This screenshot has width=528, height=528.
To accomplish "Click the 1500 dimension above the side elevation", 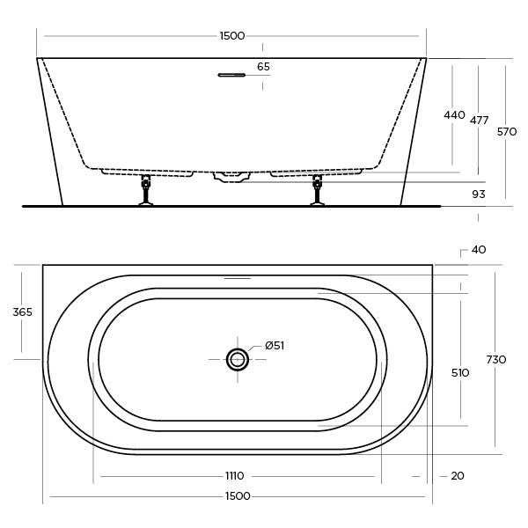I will point(232,36).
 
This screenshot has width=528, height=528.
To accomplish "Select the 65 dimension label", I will point(264,67).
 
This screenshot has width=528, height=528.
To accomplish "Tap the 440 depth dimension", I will point(454,115).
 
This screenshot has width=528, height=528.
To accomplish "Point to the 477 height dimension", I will point(479,121).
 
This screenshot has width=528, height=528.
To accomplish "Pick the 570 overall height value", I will point(507,132).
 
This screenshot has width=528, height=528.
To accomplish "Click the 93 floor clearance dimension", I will point(479,194).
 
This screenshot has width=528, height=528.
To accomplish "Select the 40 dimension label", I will point(479,250).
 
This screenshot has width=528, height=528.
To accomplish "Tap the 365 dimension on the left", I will point(22,312).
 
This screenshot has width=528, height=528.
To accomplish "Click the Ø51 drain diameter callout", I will point(275,346).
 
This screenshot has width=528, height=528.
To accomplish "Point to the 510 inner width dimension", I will point(459,373).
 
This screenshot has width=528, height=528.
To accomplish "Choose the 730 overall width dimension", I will point(496,359).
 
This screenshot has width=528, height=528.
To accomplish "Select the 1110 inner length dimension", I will point(234,476).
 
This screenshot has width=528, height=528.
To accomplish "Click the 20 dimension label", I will point(457,476).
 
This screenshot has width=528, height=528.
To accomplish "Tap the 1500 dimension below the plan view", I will point(238,496).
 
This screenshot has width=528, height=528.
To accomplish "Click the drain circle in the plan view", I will point(238,358).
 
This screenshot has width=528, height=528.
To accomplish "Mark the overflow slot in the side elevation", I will point(231,75).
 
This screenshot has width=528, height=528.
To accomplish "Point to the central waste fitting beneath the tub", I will point(231,177).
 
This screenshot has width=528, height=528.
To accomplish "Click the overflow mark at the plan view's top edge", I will point(238,278).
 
